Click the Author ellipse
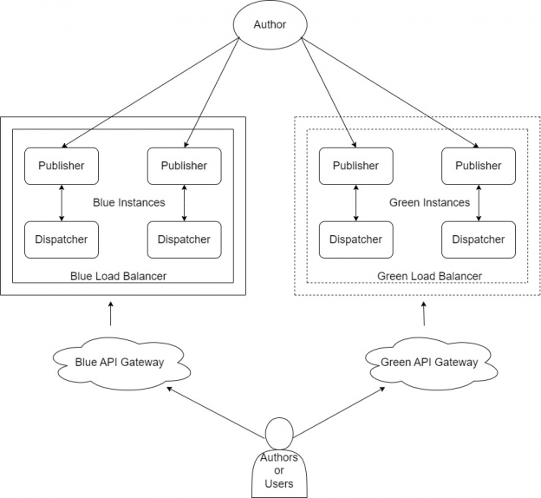tap(268, 24)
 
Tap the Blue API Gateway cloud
tap(121, 362)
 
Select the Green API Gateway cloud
tap(428, 362)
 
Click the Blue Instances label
tap(127, 202)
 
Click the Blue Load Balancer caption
tap(118, 276)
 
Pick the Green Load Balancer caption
tap(429, 276)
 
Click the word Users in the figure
tap(278, 483)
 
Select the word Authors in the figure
tap(278, 457)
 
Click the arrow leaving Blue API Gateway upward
tap(111, 313)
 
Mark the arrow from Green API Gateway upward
tap(424, 313)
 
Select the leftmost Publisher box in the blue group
tap(61, 166)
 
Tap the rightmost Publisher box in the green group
tap(479, 166)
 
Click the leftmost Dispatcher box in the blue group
tap(61, 239)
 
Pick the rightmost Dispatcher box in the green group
tap(479, 239)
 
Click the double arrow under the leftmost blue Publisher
tap(61, 202)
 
